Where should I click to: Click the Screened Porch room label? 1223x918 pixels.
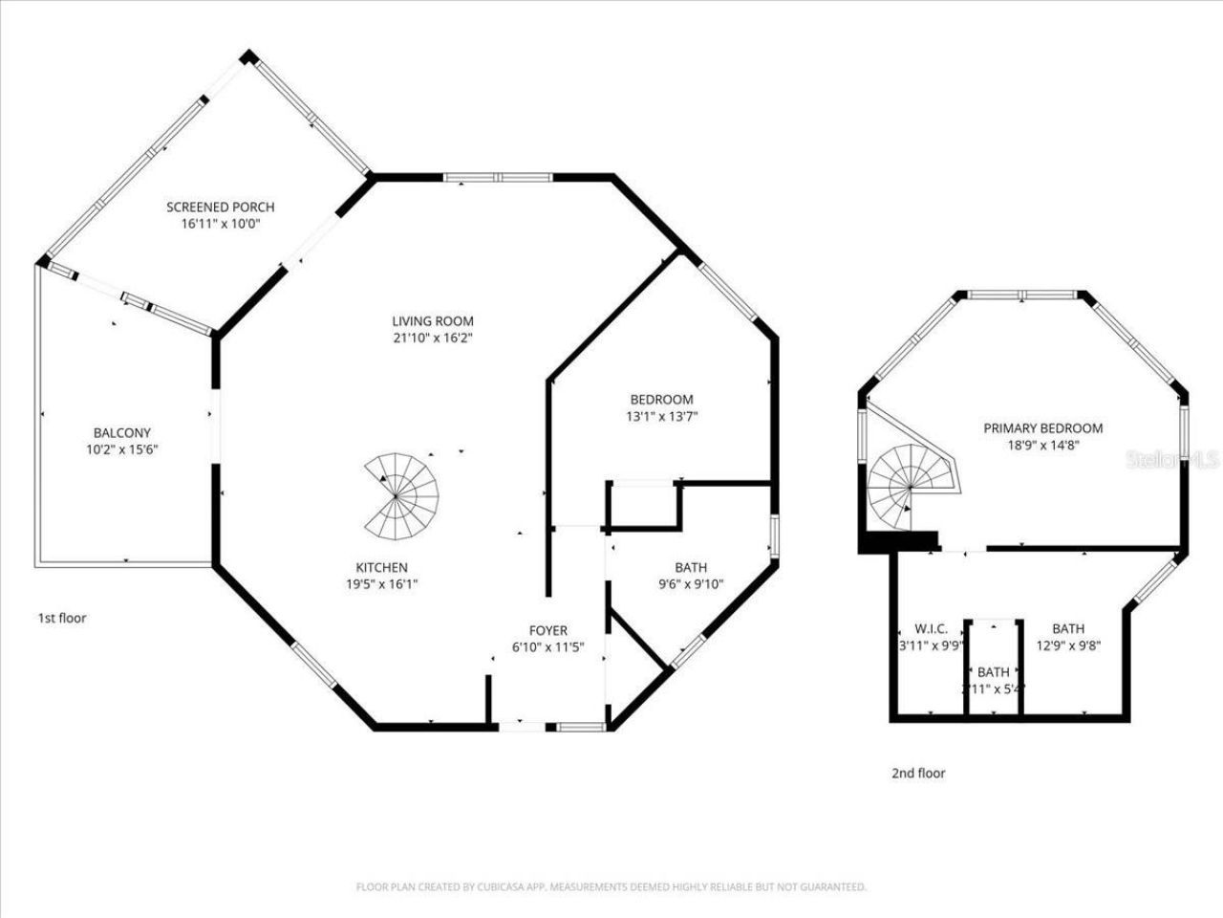[220, 207]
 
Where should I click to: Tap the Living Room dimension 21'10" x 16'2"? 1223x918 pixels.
[432, 338]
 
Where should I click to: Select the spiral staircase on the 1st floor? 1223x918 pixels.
[401, 495]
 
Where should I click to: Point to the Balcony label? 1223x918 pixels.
[121, 432]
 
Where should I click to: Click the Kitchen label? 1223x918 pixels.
[382, 567]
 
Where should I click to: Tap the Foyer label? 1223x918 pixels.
[547, 630]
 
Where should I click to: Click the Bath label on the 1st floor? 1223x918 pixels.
[690, 567]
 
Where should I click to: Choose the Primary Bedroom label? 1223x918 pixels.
[1042, 427]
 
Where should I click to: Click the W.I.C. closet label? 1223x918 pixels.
[931, 628]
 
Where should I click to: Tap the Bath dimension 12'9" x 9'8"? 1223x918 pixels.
[1068, 645]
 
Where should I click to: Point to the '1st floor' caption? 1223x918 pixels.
[62, 618]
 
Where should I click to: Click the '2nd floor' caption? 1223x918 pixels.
[918, 773]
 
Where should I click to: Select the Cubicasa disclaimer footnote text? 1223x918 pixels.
[611, 886]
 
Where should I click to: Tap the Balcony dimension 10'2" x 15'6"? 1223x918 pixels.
[121, 448]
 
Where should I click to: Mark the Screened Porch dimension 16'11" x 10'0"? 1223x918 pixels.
[220, 224]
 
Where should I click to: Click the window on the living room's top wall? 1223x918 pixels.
[498, 177]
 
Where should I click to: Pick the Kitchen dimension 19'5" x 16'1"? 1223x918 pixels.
[382, 583]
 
